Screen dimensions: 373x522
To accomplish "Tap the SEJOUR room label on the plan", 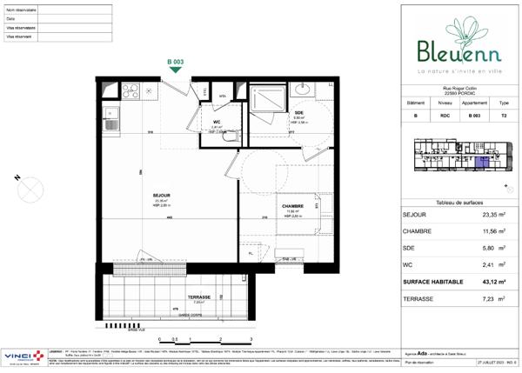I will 137,196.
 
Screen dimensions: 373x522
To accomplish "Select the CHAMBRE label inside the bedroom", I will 291,206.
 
